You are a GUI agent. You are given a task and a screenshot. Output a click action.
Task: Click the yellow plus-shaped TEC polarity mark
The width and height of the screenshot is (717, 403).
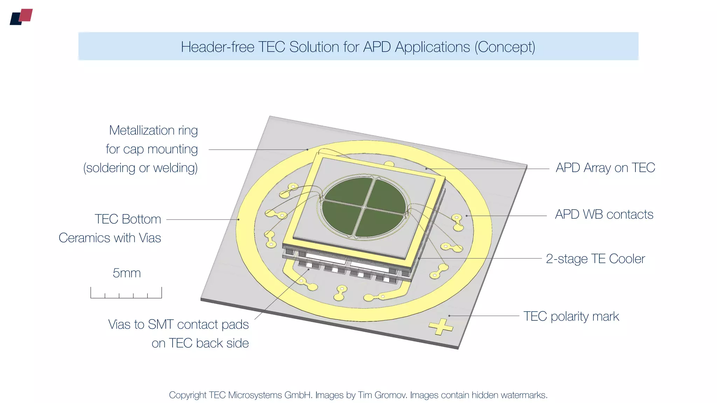pyautogui.click(x=441, y=327)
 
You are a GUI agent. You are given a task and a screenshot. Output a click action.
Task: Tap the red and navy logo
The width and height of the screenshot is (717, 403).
pyautogui.click(x=21, y=17)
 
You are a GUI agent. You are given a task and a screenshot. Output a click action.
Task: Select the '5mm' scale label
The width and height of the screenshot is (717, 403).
pyautogui.click(x=127, y=273)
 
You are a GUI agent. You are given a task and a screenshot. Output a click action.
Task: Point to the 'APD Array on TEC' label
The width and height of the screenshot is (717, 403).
pyautogui.click(x=605, y=168)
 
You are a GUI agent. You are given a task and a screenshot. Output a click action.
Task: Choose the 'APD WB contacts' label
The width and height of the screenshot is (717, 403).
pyautogui.click(x=604, y=214)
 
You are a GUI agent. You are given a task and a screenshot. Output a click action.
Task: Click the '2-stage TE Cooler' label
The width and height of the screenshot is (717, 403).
pyautogui.click(x=595, y=259)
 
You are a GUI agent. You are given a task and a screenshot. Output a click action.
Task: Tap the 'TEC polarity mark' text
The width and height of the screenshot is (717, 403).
pyautogui.click(x=571, y=316)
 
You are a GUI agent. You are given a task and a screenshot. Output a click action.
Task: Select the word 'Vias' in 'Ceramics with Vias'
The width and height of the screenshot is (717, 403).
pyautogui.click(x=150, y=238)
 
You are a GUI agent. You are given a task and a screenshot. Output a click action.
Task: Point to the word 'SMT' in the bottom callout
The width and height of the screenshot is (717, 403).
pyautogui.click(x=161, y=325)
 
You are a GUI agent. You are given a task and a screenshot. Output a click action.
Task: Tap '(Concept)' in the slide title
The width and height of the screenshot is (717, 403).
pyautogui.click(x=505, y=47)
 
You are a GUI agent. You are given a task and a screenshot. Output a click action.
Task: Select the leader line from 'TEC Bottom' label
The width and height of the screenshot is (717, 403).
pyautogui.click(x=202, y=220)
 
